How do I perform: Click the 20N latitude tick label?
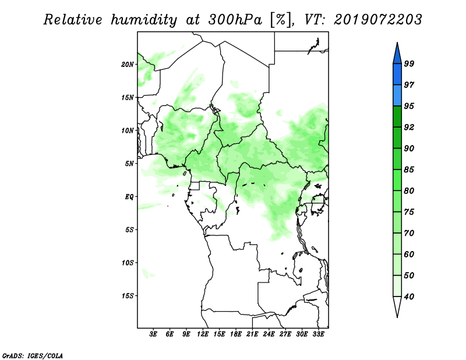128,65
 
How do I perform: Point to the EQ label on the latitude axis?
129,197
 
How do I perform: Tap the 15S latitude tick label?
128,296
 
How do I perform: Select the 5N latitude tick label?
129,164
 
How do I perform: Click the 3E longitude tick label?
153,334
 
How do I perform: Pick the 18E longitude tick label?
236,334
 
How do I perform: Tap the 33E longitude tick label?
318,334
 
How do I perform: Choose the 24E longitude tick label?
269,334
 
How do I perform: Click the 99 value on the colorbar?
409,63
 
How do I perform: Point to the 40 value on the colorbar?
409,297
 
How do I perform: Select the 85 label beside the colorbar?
409,170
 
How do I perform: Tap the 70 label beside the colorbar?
409,233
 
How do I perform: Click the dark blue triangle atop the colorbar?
397,55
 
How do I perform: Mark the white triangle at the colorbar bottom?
397,305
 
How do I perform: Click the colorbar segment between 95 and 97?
397,96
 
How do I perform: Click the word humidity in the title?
144,20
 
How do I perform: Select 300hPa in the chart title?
235,20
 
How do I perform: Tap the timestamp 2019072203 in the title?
377,20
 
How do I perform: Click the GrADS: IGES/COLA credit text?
33,355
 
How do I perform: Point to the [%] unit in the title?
281,20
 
